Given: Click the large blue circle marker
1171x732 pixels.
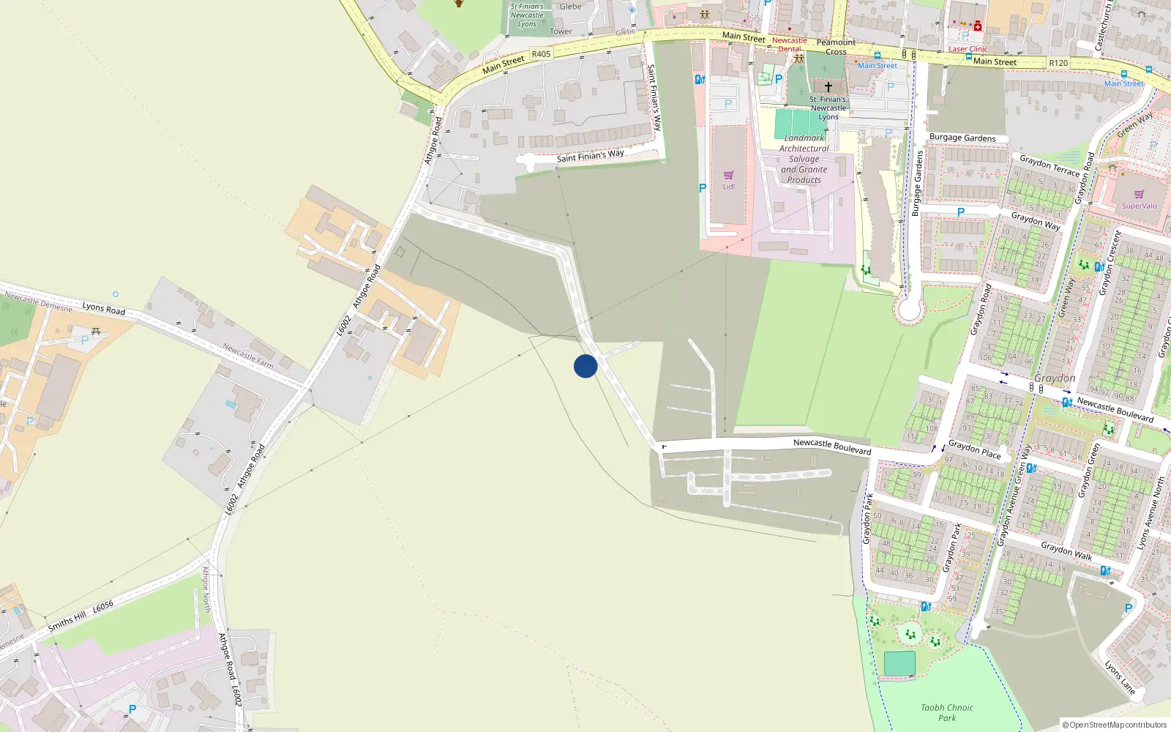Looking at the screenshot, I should click(x=585, y=366).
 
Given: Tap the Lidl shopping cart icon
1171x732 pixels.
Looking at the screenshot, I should click(x=728, y=175).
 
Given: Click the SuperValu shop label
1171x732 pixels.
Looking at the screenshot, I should click(x=1140, y=206).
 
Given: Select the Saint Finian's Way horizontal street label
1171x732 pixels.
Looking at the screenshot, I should click(x=590, y=155).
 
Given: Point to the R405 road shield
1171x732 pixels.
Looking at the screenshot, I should click(x=541, y=54).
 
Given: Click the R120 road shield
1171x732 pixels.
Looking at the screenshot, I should click(x=1058, y=63).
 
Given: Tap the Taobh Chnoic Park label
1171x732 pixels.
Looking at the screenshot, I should click(x=947, y=712).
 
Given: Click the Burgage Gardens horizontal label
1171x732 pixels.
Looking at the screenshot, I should click(x=962, y=138).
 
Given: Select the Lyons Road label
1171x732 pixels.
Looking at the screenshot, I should click(x=103, y=308).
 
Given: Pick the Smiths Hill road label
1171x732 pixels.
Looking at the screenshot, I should click(x=67, y=621).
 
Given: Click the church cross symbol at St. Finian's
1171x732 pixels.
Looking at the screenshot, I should click(x=828, y=86).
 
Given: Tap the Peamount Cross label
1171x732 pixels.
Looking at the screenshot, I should click(x=836, y=47).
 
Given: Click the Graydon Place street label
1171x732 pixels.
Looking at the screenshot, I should click(x=974, y=449).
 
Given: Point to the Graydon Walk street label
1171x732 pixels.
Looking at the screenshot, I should click(x=1066, y=551).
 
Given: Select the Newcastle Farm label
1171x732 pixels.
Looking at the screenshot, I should click(x=248, y=356).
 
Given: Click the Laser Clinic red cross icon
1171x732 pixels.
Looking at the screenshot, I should click(x=978, y=26).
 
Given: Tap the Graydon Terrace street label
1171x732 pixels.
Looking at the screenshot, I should click(x=1050, y=165).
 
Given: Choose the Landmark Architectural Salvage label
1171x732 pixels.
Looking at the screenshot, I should click(x=804, y=159).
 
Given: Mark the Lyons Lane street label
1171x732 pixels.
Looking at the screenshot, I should click(x=1120, y=678).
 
